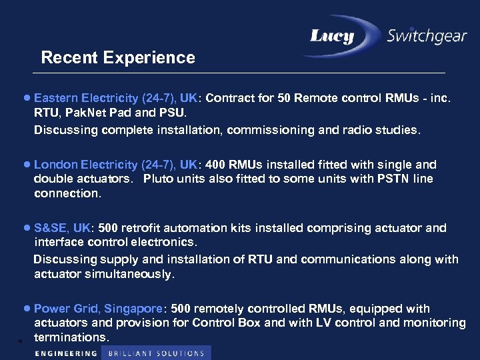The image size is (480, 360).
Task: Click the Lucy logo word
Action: pos(332,36)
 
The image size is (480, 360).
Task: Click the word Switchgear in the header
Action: pos(427,35)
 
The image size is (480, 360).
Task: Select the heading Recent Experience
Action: pos(118,58)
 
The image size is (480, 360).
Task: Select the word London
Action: pos(53,164)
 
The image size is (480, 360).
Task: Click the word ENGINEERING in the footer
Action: pos(66,353)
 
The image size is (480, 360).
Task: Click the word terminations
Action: pos(71,337)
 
